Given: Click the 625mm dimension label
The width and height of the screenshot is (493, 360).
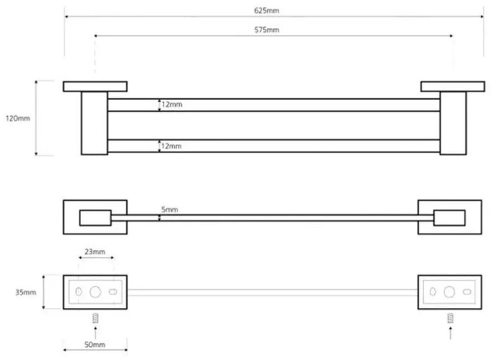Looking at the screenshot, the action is pyautogui.click(x=266, y=10).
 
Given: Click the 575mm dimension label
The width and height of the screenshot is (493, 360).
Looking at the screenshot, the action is pyautogui.click(x=266, y=30).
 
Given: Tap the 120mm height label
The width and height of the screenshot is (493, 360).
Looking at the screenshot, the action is pyautogui.click(x=18, y=118).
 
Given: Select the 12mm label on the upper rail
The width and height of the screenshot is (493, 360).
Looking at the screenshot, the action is pyautogui.click(x=172, y=104).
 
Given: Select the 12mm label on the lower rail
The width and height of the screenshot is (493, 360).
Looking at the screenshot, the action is pyautogui.click(x=171, y=146).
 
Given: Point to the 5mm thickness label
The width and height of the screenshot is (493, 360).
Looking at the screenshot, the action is pyautogui.click(x=170, y=209).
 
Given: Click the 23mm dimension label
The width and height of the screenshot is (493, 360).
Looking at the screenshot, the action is pyautogui.click(x=95, y=252).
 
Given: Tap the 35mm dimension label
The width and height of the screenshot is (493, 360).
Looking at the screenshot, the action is pyautogui.click(x=26, y=293).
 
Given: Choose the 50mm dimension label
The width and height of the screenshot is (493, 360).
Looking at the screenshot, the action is pyautogui.click(x=95, y=345).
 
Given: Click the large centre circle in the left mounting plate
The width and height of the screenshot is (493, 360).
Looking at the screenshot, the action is pyautogui.click(x=95, y=292).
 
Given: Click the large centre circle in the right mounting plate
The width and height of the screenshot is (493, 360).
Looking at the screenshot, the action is pyautogui.click(x=449, y=292).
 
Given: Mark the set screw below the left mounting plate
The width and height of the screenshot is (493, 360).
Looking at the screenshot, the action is pyautogui.click(x=96, y=318).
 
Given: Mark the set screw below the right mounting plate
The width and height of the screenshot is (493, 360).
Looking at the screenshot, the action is pyautogui.click(x=450, y=318).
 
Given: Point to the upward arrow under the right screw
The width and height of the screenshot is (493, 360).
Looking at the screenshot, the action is pyautogui.click(x=450, y=333).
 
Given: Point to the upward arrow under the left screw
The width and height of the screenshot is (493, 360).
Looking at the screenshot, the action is pyautogui.click(x=96, y=333).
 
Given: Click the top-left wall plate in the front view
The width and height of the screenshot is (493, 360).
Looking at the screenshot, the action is pyautogui.click(x=95, y=87).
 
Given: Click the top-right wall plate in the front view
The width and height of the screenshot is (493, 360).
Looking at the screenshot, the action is pyautogui.click(x=453, y=87).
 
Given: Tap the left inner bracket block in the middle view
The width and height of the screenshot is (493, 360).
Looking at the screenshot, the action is pyautogui.click(x=95, y=218).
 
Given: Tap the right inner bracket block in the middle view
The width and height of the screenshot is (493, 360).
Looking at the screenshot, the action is pyautogui.click(x=449, y=218).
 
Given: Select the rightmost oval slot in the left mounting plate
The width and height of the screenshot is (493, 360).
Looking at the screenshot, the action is pyautogui.click(x=113, y=292).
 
